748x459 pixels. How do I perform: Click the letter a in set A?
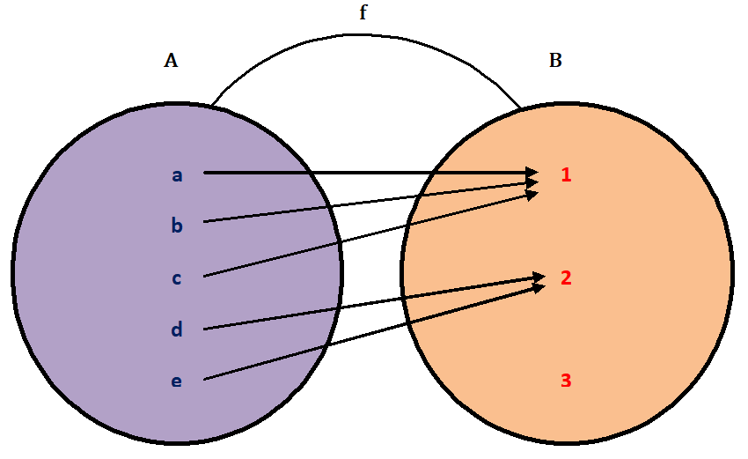pos(177,175)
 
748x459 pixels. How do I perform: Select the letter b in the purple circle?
pos(177,226)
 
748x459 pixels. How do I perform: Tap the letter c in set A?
pos(177,278)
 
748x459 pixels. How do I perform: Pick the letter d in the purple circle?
pos(177,329)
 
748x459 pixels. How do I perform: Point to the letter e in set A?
pos(177,381)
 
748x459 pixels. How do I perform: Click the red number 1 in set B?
pos(567,174)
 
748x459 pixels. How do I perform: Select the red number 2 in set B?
pos(567,278)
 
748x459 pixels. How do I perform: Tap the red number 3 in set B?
pos(567,381)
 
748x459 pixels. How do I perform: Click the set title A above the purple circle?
pos(171,61)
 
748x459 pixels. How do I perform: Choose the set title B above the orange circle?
pos(555,61)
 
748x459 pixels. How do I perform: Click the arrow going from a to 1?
pos(370,173)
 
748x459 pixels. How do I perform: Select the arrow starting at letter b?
pos(370,201)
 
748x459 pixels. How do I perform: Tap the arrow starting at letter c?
pos(370,234)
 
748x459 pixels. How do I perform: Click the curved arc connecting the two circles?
pos(361,35)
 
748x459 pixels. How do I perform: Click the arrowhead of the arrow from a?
pos(533,173)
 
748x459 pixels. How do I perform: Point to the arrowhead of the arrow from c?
pos(533,193)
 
